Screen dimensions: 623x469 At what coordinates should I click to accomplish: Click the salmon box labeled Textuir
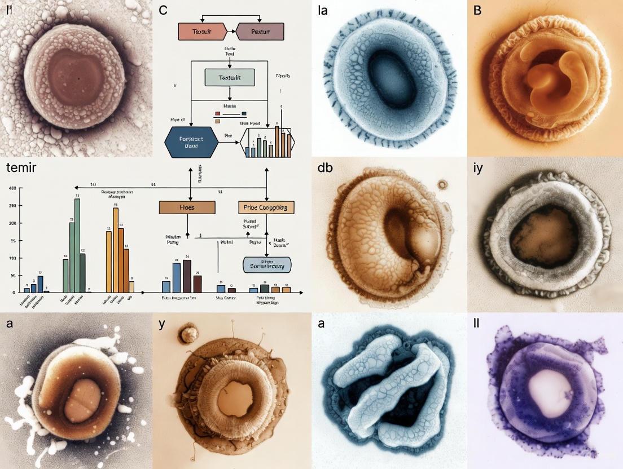pos(201,32)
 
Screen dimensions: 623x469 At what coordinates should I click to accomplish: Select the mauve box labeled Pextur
pos(260,32)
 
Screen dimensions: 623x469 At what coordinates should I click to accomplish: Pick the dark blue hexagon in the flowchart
pos(191,141)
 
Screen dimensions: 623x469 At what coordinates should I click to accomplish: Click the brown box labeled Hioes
pos(187,207)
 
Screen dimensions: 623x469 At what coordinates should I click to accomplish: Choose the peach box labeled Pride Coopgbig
pos(266,207)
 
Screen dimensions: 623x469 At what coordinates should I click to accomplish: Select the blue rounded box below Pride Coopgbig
pos(266,264)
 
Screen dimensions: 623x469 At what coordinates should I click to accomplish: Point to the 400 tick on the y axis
pos(12,188)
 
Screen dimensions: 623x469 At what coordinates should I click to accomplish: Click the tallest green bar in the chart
pos(77,245)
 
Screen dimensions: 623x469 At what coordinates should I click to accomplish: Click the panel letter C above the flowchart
pos(163,10)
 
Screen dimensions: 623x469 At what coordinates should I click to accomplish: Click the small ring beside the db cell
pos(442,184)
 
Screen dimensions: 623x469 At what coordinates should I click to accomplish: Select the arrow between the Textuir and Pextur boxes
pos(230,32)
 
